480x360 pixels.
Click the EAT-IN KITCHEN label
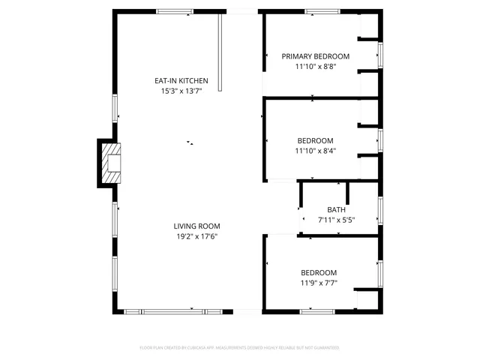pyautogui.click(x=181, y=81)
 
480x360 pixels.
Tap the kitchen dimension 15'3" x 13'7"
pyautogui.click(x=181, y=91)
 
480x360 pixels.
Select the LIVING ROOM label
pyautogui.click(x=196, y=226)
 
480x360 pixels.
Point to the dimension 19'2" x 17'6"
pyautogui.click(x=196, y=237)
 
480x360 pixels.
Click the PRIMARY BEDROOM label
pyautogui.click(x=315, y=56)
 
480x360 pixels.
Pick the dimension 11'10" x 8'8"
pyautogui.click(x=315, y=66)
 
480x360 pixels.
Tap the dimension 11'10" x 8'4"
pyautogui.click(x=315, y=150)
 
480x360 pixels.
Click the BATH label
pyautogui.click(x=336, y=210)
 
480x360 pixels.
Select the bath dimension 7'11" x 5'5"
pyautogui.click(x=336, y=220)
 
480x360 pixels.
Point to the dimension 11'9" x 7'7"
pyautogui.click(x=319, y=283)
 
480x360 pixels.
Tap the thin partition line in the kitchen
pyautogui.click(x=220, y=52)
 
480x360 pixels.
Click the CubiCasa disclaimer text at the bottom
pyautogui.click(x=239, y=348)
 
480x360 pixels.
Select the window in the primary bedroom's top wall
pyautogui.click(x=321, y=11)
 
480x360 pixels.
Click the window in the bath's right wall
pyautogui.click(x=380, y=209)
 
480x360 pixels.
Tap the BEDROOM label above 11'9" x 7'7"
pyautogui.click(x=319, y=272)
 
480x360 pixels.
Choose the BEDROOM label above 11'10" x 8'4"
pyautogui.click(x=315, y=140)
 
